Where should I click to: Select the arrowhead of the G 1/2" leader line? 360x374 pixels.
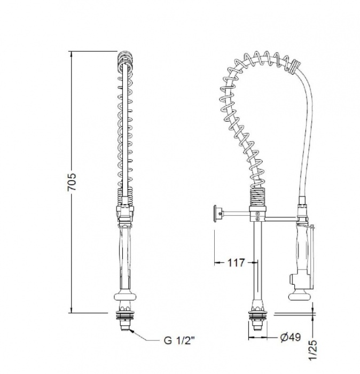130,331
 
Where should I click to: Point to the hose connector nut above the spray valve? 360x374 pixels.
302,204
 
